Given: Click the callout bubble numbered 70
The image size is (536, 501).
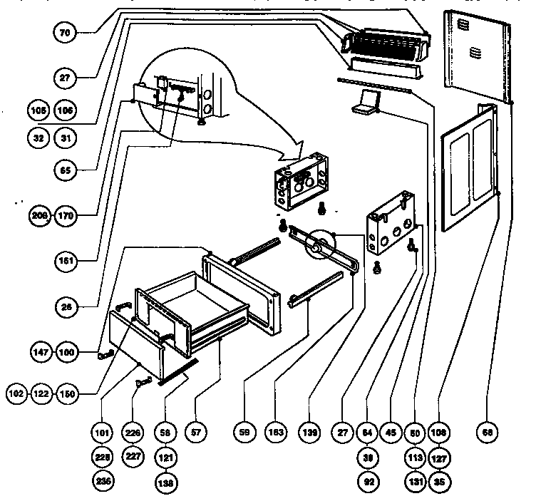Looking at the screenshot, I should tap(64, 33).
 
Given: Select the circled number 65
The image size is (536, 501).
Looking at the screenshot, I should tap(64, 170).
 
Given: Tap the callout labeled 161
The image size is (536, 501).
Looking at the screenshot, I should tap(64, 261).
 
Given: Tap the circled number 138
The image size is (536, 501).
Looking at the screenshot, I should tap(166, 482).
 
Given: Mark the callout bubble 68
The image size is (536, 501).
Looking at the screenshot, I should tap(489, 432).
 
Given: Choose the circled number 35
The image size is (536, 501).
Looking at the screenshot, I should tap(439, 482).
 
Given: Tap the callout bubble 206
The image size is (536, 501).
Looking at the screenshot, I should tap(41, 215).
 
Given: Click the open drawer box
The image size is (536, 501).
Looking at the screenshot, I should tap(192, 308).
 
